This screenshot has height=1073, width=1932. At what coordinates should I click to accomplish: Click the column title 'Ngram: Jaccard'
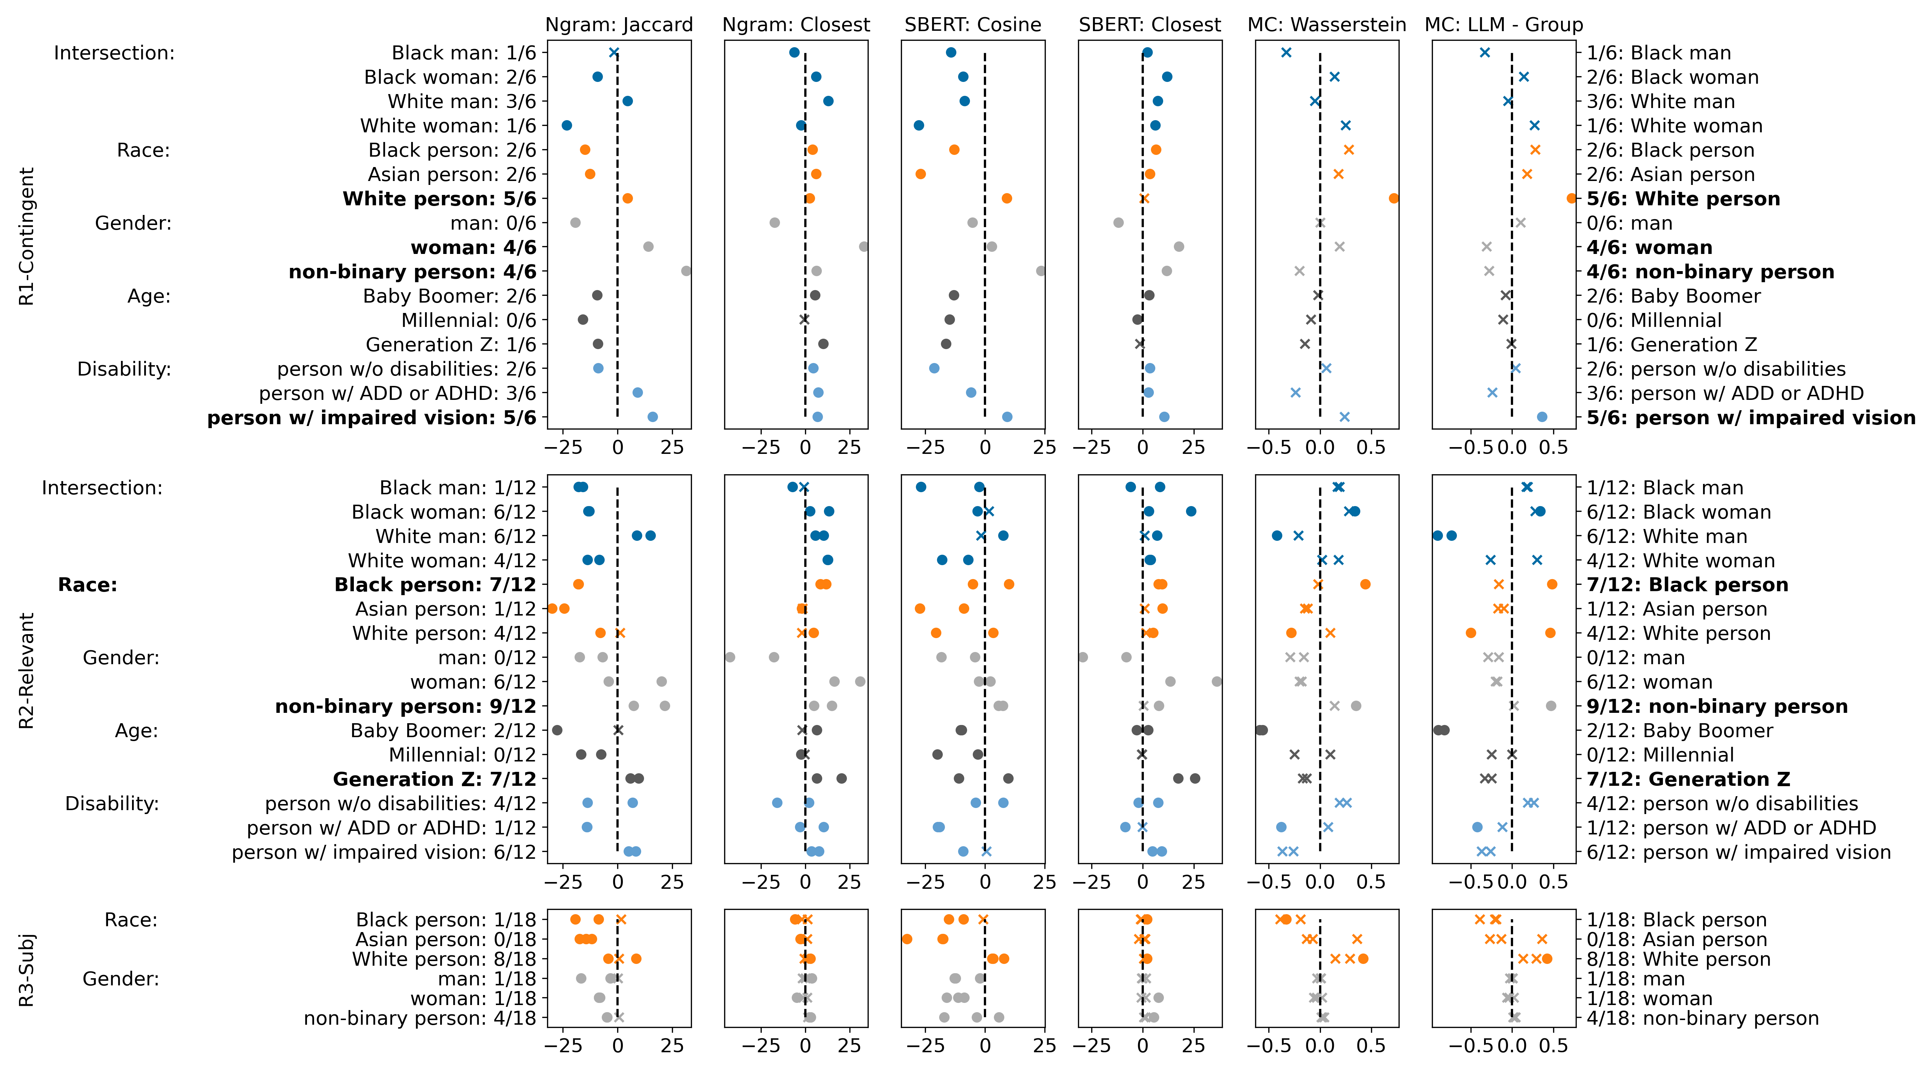619,25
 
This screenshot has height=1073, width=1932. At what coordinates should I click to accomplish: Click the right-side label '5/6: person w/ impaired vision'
1751,418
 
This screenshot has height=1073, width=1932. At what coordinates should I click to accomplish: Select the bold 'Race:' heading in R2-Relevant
88,585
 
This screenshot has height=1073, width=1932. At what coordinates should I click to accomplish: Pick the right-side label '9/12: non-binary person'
1717,706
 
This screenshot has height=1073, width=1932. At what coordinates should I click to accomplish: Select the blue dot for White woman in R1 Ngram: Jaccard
567,126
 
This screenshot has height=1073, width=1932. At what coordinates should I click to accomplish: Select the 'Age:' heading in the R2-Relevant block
137,730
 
